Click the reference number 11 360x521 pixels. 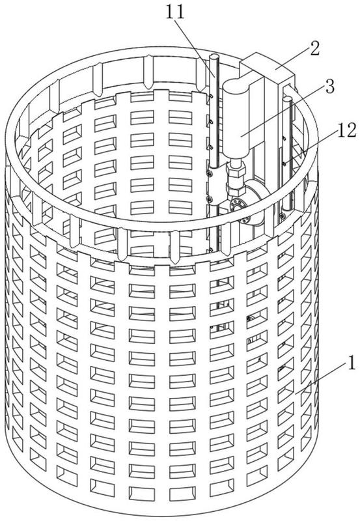click(174, 13)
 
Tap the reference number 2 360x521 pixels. click(314, 48)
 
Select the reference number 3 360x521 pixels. click(329, 86)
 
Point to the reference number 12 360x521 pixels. click(346, 130)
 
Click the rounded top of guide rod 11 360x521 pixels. click(214, 57)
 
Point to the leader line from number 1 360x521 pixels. click(320, 378)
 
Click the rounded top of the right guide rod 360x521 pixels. click(287, 99)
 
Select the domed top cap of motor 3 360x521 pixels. click(236, 84)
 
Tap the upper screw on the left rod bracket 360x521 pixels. click(209, 173)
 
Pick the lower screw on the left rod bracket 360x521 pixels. click(209, 199)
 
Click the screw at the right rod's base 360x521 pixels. click(283, 216)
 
